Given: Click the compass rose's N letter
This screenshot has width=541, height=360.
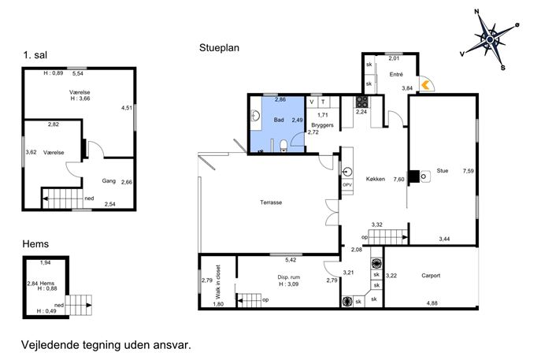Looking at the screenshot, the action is click(x=477, y=12).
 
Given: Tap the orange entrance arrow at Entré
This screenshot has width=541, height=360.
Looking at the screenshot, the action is click(x=426, y=85).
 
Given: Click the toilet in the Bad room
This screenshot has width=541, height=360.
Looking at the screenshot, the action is click(x=283, y=146).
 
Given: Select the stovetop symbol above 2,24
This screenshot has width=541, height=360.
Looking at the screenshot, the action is click(x=361, y=102).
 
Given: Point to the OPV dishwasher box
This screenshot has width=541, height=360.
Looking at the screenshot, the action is click(x=347, y=185).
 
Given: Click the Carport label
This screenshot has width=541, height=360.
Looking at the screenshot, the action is click(x=431, y=276).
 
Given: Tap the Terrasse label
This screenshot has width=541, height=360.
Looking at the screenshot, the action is click(x=271, y=202).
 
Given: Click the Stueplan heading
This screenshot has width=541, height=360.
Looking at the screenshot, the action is click(x=219, y=47).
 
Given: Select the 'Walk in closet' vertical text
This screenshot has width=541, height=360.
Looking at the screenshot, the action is click(x=217, y=282).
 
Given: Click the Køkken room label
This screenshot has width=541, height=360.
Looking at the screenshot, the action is click(x=376, y=179).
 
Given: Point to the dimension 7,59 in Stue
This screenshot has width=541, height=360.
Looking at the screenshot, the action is click(x=469, y=171).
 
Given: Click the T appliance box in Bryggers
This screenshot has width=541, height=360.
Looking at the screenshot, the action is click(x=324, y=102).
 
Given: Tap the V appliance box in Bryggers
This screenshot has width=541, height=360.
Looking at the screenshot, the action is click(x=312, y=102).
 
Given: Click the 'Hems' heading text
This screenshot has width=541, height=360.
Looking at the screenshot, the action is click(x=35, y=244).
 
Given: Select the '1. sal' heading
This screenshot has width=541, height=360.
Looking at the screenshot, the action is click(x=35, y=55).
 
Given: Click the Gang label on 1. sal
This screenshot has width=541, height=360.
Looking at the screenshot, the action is click(x=109, y=181).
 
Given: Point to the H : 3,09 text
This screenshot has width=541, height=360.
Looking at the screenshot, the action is click(x=289, y=284).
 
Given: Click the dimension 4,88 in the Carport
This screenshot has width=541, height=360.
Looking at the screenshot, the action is click(x=432, y=303).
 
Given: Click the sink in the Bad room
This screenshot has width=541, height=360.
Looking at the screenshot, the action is click(x=256, y=116).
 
